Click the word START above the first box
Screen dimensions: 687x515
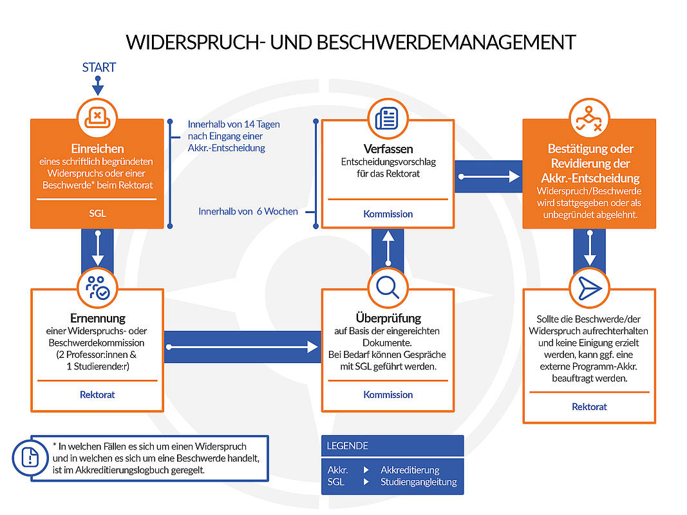[x=99, y=68]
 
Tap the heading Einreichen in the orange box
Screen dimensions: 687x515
[x=97, y=149]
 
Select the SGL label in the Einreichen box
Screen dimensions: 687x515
[x=97, y=213]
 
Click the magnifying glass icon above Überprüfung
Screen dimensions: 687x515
[x=388, y=288]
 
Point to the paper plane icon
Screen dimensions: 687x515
[x=589, y=288]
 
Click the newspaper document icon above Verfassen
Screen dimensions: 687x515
[x=387, y=118]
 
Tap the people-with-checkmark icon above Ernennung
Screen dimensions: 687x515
[x=98, y=288]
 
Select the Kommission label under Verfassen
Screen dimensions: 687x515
[x=388, y=214]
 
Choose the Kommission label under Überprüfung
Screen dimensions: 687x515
[x=388, y=395]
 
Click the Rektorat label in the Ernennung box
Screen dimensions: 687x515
[x=97, y=395]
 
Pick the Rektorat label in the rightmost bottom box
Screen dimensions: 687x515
[x=589, y=407]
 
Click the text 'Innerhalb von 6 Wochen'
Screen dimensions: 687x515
[x=248, y=212]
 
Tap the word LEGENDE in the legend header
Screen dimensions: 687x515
[x=348, y=446]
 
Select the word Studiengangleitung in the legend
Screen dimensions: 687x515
[x=419, y=482]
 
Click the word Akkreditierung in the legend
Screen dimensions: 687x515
[x=409, y=470]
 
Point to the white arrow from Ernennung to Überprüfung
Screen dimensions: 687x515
[x=242, y=347]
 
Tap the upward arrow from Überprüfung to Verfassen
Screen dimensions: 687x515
[x=388, y=248]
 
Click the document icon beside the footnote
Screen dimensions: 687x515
[x=30, y=458]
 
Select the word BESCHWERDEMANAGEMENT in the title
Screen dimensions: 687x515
[x=446, y=42]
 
